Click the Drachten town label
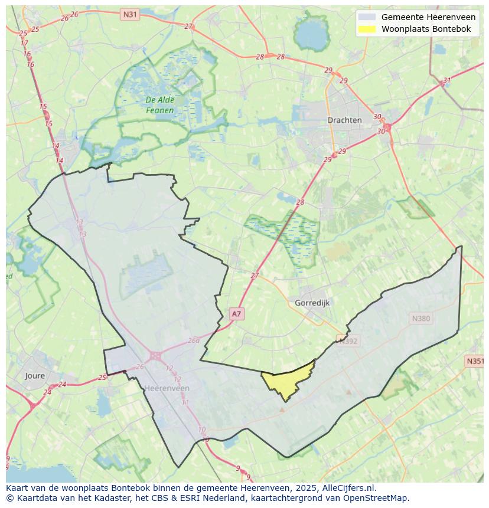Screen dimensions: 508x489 pos(344,120)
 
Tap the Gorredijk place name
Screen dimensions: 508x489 pos(312,303)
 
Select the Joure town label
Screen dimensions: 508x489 pos(35,375)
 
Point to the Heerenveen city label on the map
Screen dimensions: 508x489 pos(167,388)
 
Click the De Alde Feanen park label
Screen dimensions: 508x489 pos(160,105)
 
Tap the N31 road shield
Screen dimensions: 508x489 pos(129,14)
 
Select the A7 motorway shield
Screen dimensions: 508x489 pos(236,314)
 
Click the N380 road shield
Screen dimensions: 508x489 pos(421,319)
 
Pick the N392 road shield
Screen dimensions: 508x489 pos(347,340)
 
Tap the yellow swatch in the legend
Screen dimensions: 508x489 pos(367,29)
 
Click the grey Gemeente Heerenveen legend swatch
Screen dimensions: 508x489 pos(367,17)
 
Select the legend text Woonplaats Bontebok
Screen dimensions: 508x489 pos(426,29)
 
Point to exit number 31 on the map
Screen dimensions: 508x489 pos(447,81)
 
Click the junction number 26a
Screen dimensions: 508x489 pos(194,340)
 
